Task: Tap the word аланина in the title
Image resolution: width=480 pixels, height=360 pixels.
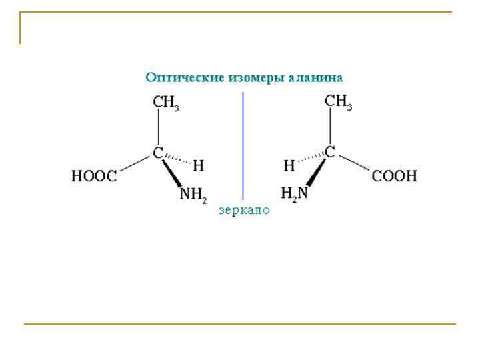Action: point(316,77)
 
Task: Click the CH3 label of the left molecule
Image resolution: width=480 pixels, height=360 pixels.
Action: point(166,104)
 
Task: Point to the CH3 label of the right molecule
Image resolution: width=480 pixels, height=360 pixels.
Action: point(338,103)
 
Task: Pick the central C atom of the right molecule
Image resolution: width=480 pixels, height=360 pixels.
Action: point(329,152)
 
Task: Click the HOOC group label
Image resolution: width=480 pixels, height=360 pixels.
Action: point(94,177)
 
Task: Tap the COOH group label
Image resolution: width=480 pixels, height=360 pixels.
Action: point(394,177)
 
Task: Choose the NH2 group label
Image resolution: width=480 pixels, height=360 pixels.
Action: point(194,195)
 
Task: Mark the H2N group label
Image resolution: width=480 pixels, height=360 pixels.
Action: point(295,194)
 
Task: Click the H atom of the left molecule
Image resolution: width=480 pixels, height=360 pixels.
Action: point(198,164)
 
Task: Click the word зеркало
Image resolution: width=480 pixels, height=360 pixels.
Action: point(245,210)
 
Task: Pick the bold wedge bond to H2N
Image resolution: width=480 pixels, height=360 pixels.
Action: point(315,173)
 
